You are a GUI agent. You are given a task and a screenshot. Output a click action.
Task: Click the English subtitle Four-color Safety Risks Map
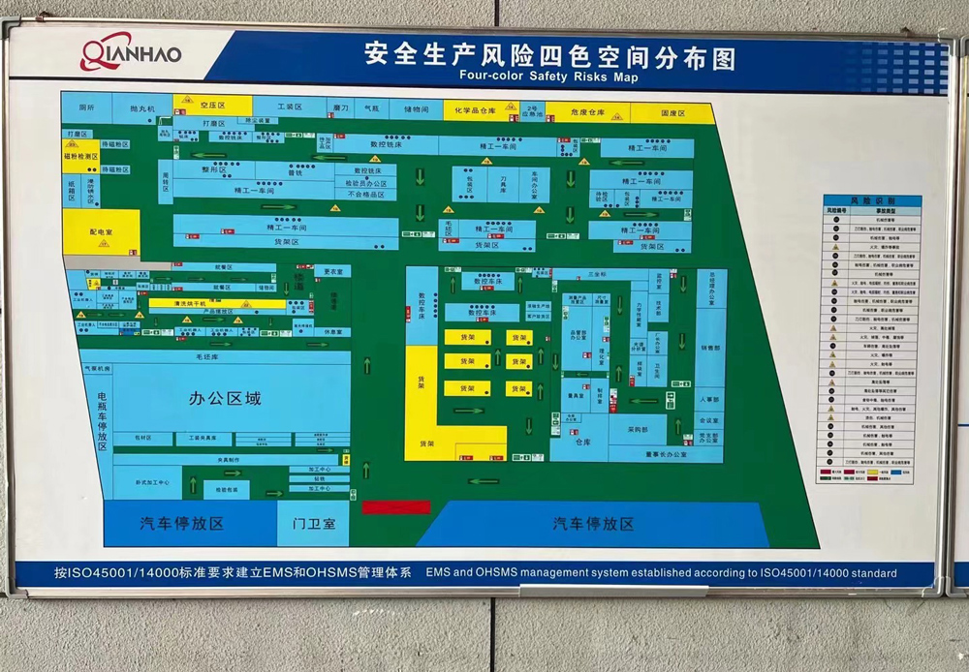point(549,76)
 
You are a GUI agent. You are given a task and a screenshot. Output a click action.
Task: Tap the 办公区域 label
point(225,398)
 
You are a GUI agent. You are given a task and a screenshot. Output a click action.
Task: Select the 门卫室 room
point(314,524)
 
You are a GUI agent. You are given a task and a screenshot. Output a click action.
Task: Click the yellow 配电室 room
point(102,232)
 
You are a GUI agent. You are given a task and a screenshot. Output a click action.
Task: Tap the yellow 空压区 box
point(212,105)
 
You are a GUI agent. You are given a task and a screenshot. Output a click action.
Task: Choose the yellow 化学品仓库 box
point(482,112)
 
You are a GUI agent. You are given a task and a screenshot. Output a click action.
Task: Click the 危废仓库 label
point(588,113)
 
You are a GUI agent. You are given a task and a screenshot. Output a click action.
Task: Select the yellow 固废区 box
point(672,113)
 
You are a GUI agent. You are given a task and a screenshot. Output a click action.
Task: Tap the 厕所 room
point(86,107)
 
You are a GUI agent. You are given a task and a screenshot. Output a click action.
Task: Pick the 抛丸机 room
point(141,108)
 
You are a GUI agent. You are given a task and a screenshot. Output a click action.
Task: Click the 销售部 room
point(710,348)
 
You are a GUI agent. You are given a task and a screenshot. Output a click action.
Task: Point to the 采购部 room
point(636,428)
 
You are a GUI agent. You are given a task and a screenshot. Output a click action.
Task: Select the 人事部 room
point(710,398)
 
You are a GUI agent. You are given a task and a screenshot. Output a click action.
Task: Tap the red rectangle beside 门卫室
point(395,506)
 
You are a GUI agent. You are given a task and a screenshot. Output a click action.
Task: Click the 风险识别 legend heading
point(872,200)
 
